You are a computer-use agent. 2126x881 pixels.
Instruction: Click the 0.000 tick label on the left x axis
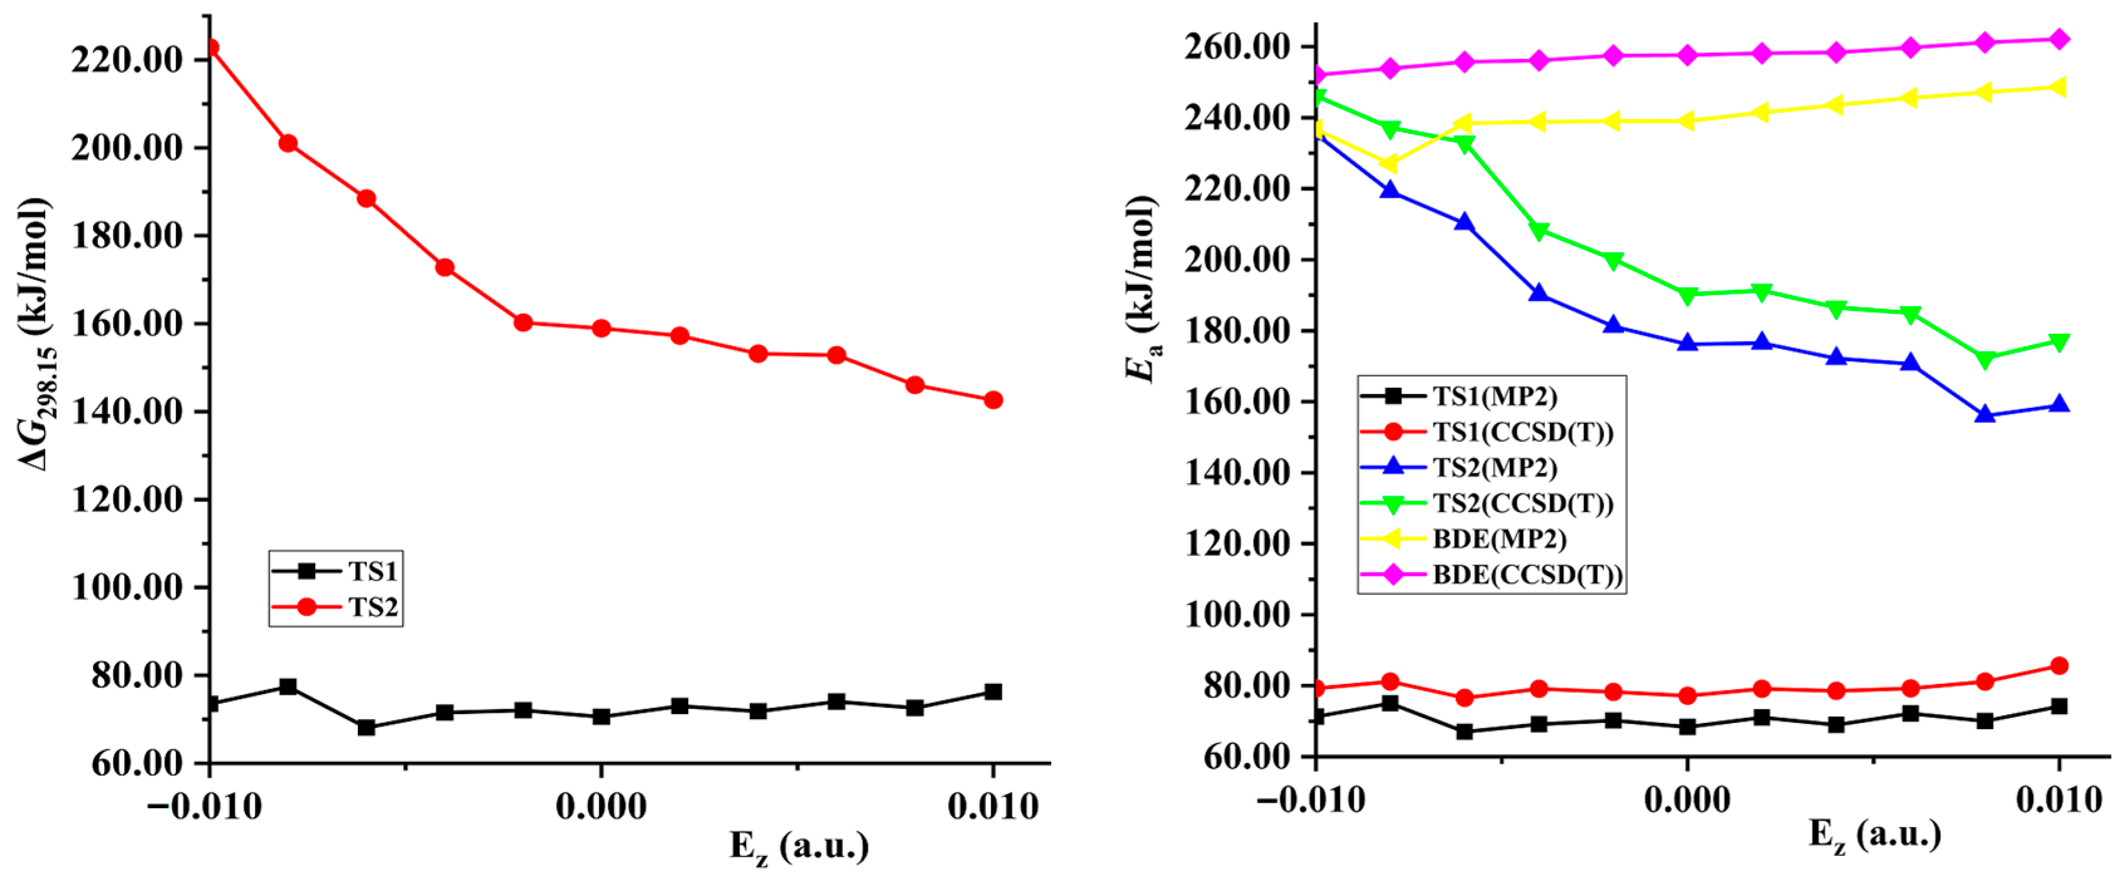pyautogui.click(x=601, y=806)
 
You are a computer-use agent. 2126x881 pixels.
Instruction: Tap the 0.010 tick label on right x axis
pyautogui.click(x=2058, y=799)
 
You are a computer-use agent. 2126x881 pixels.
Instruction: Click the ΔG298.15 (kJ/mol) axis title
pyautogui.click(x=37, y=334)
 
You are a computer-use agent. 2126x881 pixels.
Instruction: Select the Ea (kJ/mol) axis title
pyautogui.click(x=1144, y=289)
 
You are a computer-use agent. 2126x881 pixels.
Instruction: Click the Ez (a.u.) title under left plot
pyautogui.click(x=799, y=847)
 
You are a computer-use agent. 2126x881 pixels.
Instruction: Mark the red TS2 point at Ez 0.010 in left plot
pyautogui.click(x=993, y=400)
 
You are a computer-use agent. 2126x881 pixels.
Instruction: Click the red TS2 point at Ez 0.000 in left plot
pyautogui.click(x=601, y=328)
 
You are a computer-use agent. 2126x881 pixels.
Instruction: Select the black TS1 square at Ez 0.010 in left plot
pyautogui.click(x=993, y=691)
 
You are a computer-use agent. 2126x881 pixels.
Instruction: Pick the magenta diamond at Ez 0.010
pyautogui.click(x=2058, y=40)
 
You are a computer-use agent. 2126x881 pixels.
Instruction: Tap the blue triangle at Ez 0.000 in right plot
pyautogui.click(x=1687, y=343)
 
